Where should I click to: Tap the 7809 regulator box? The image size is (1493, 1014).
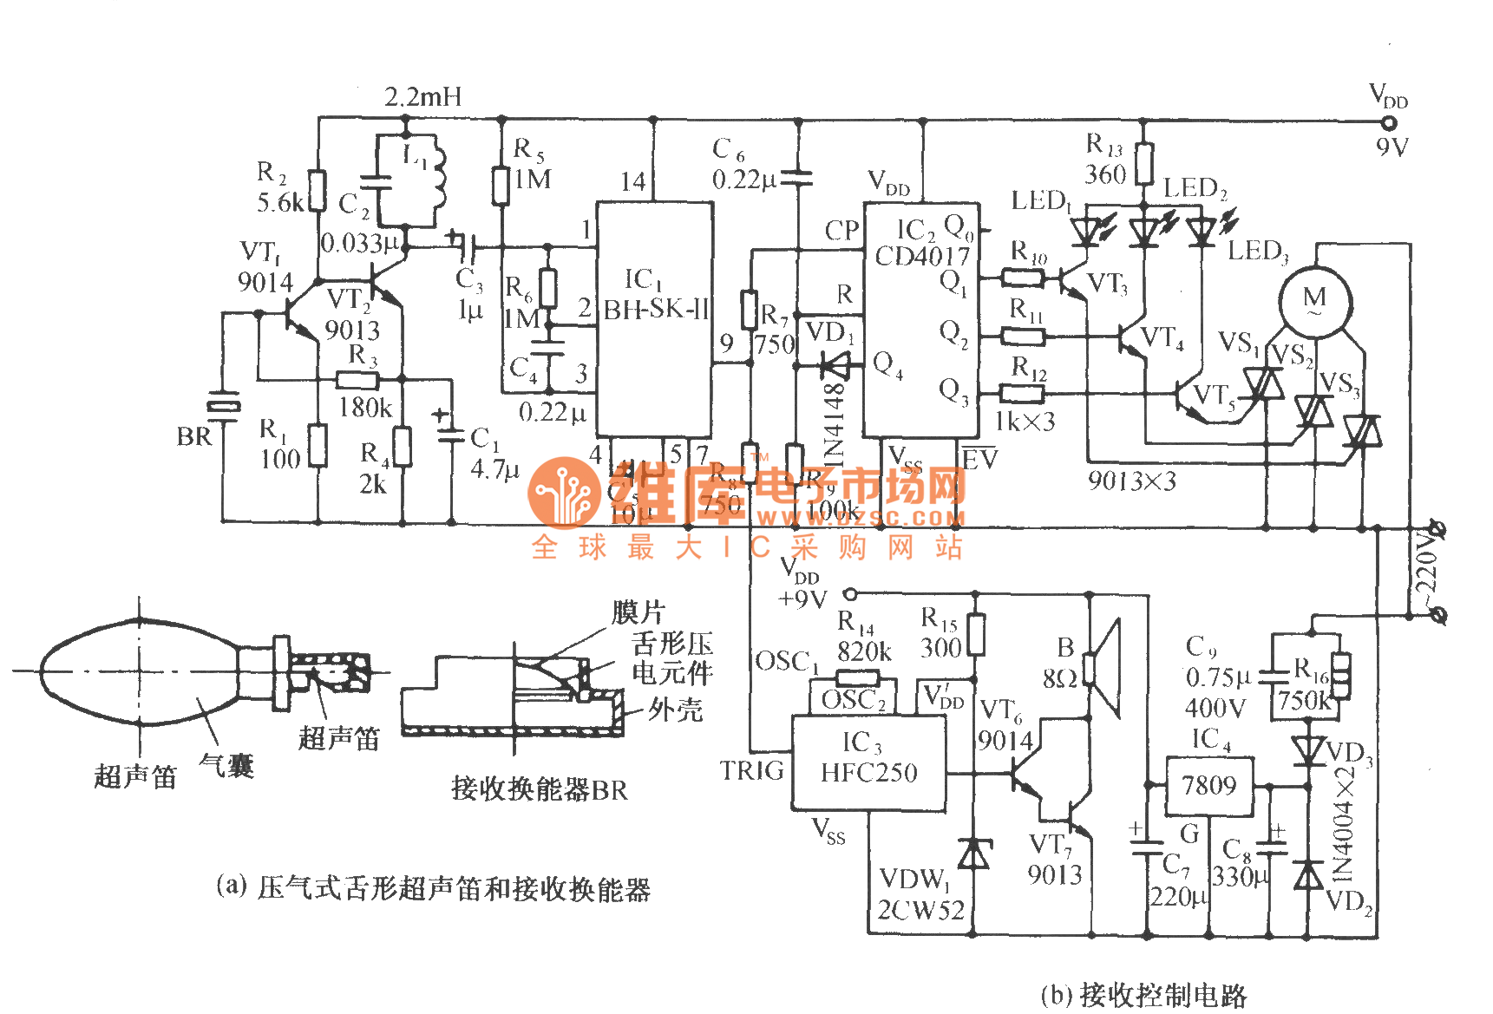click(1208, 786)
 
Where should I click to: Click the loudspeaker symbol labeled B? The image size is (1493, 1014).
click(1103, 669)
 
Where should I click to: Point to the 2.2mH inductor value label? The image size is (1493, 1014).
click(423, 96)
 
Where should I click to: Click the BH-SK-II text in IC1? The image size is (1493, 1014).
click(656, 309)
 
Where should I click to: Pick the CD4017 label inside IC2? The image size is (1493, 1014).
click(921, 256)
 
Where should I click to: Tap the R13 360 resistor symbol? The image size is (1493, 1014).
click(1144, 164)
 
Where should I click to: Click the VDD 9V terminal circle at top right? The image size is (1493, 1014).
click(1389, 122)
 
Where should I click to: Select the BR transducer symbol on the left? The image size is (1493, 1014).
click(223, 406)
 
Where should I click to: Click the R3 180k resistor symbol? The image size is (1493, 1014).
click(357, 380)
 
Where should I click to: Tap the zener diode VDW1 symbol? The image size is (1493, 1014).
click(973, 854)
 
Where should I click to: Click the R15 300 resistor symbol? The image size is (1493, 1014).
click(976, 634)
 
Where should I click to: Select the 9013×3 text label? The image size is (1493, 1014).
click(1131, 481)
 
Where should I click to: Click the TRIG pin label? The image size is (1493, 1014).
click(751, 770)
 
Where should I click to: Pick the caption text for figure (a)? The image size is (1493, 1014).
click(433, 888)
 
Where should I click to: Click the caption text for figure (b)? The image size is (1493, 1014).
click(1143, 995)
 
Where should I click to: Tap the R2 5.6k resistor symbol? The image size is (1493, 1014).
click(318, 190)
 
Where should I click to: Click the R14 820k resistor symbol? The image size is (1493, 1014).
click(857, 678)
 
